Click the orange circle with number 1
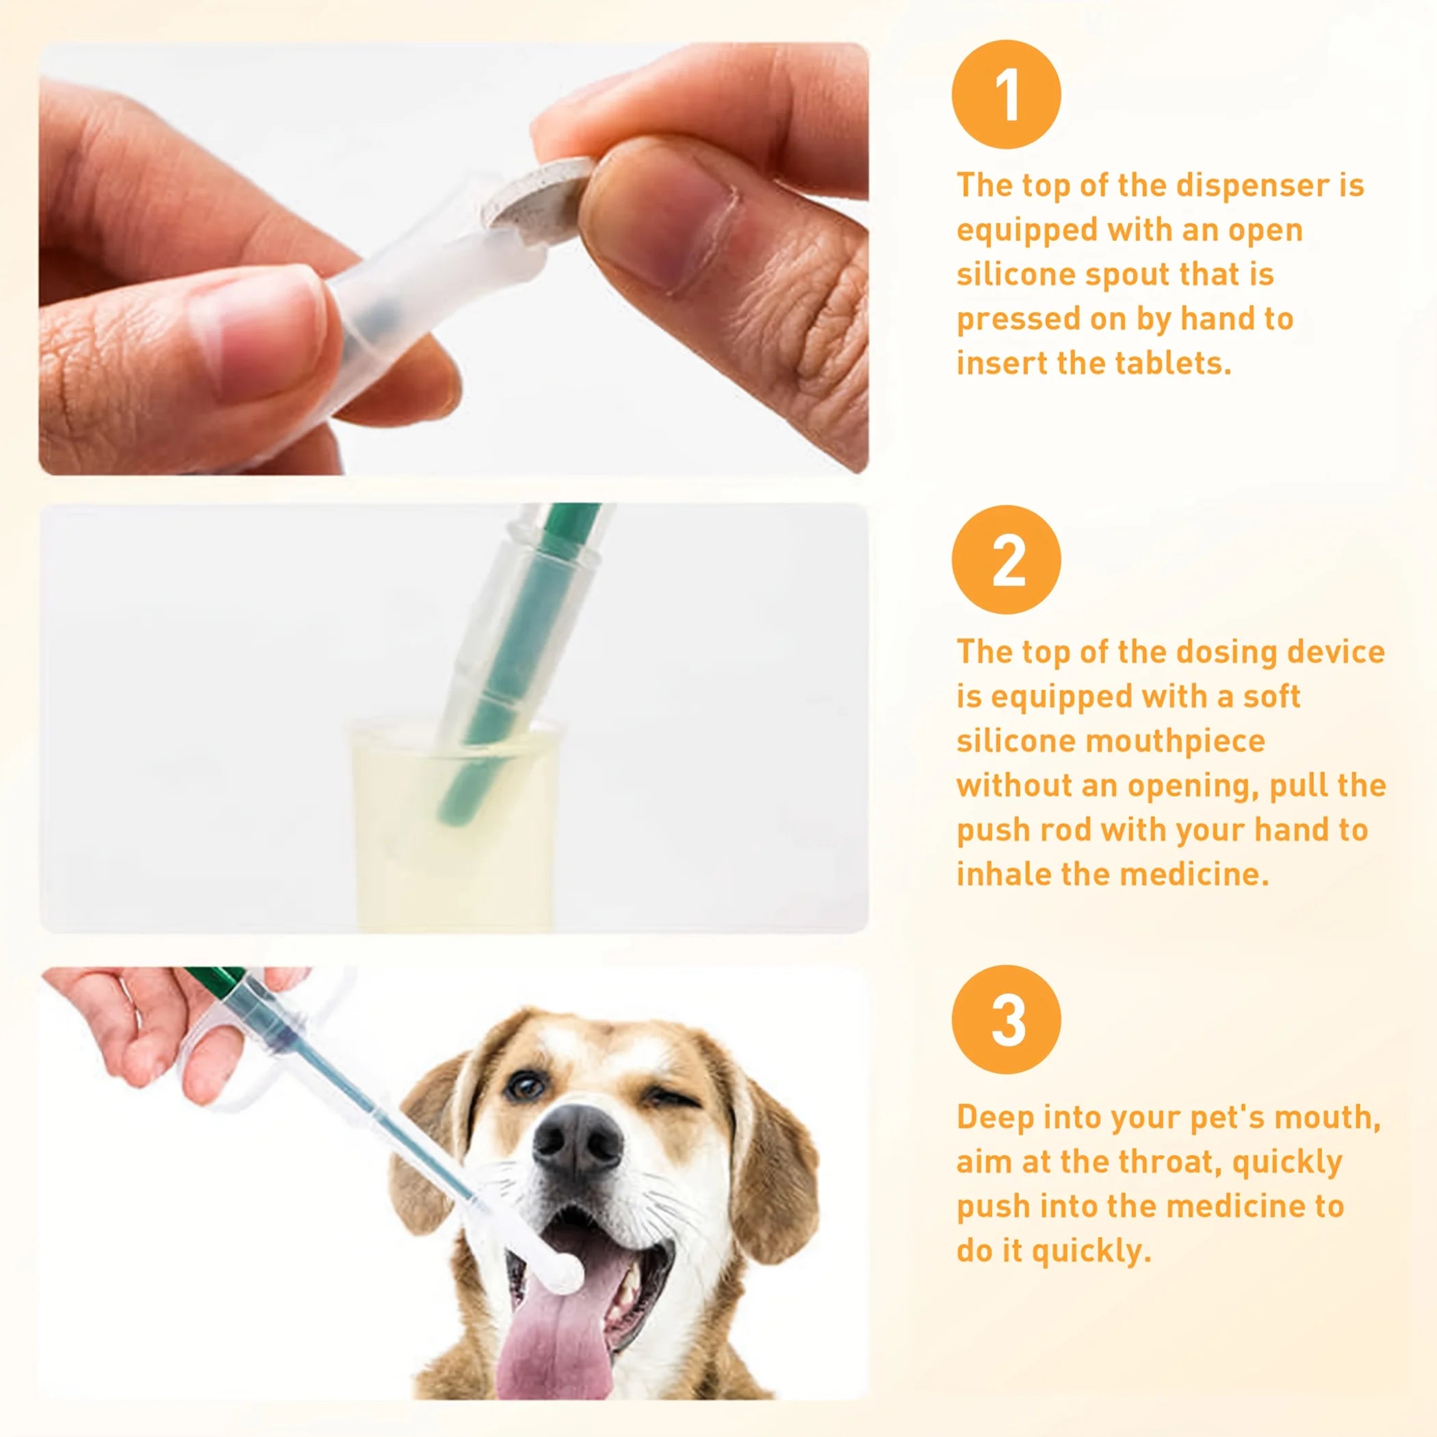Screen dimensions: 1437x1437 [1006, 94]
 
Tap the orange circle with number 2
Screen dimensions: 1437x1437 [1006, 559]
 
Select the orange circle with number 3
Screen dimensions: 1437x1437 [1006, 1019]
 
